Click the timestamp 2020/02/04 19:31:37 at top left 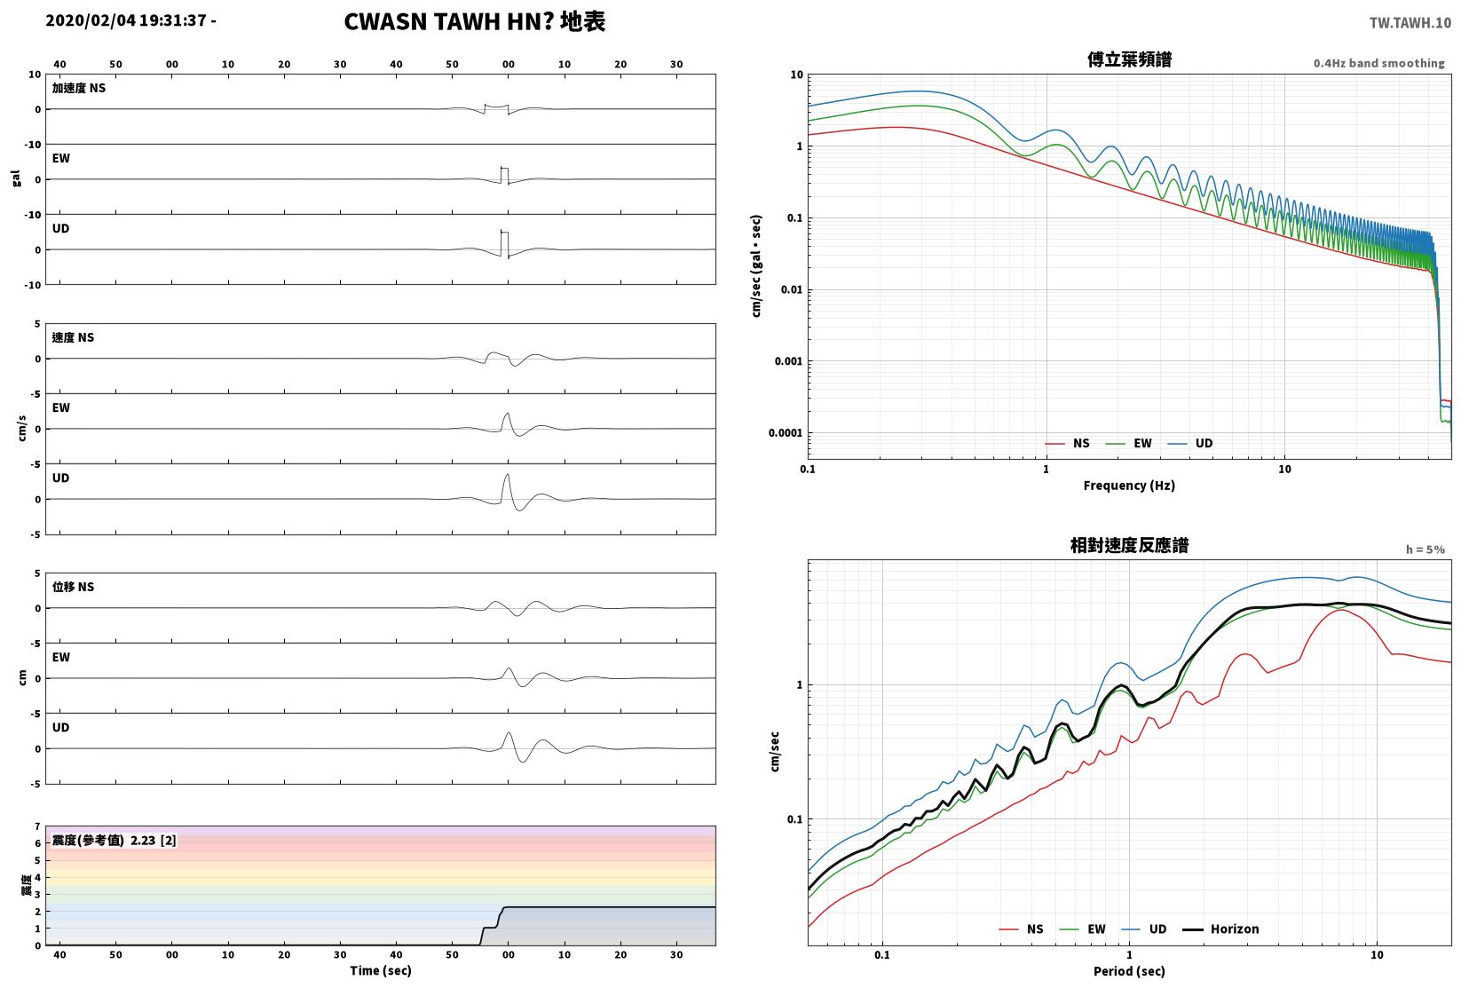click(126, 20)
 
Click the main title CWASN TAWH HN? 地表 click(474, 21)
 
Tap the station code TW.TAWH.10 click(1410, 23)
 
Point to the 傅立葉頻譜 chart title click(1129, 59)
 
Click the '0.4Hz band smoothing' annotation click(1378, 63)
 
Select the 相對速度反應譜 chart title click(1129, 545)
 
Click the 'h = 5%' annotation click(1425, 549)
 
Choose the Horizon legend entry click(1221, 929)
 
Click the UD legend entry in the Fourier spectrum click(1190, 443)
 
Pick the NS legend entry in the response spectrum click(1022, 929)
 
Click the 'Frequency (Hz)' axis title click(1129, 486)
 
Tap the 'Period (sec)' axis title click(1129, 971)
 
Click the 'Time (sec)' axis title click(381, 970)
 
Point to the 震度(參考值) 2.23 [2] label click(115, 840)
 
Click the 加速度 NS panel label click(79, 88)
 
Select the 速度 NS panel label click(73, 337)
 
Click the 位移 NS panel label click(73, 586)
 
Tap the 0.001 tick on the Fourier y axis click(788, 361)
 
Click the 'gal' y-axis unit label click(16, 178)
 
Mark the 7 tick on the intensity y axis click(38, 826)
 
